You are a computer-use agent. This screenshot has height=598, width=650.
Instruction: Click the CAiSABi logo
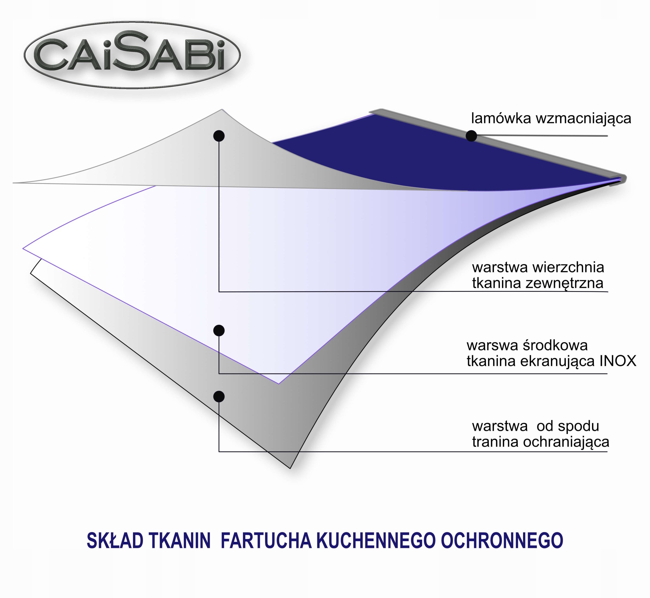tap(132, 55)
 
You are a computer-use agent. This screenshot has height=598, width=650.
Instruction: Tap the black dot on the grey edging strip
tap(471, 136)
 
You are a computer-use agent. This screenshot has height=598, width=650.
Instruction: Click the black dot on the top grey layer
tap(219, 136)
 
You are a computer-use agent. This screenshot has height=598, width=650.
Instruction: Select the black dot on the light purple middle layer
tap(219, 331)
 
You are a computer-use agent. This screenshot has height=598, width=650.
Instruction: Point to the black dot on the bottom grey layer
tap(219, 396)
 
